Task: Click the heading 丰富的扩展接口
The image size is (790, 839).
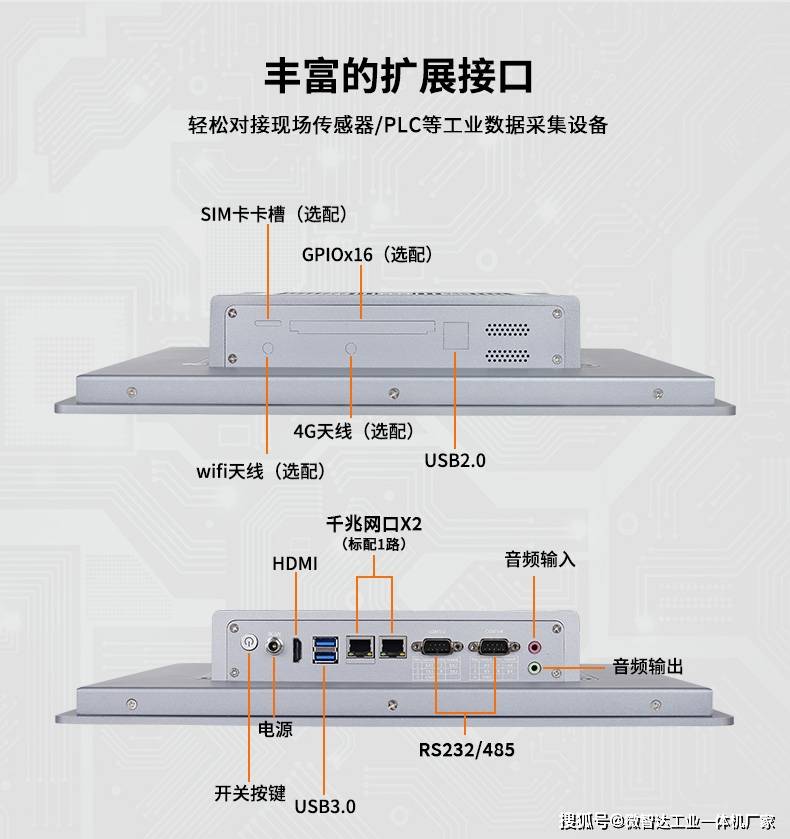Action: point(398,75)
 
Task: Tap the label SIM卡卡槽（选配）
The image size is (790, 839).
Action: point(273,214)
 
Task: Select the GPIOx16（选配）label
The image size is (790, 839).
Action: point(367,255)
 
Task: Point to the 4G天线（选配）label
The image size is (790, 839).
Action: point(353,431)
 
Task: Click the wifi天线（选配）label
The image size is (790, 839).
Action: point(260,470)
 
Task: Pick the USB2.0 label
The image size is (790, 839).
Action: point(454,461)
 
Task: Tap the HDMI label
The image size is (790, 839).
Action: point(295,564)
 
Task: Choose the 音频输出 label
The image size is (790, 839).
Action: point(648,666)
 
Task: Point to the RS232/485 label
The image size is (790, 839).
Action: point(467,749)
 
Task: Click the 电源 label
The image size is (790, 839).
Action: point(275,730)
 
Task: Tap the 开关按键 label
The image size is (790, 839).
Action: point(250,794)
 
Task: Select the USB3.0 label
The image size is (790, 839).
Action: point(325,805)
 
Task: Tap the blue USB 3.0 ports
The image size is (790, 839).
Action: point(325,649)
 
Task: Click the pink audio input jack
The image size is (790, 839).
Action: point(534,647)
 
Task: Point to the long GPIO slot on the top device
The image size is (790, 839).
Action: point(362,326)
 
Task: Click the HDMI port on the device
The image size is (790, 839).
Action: point(297,651)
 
